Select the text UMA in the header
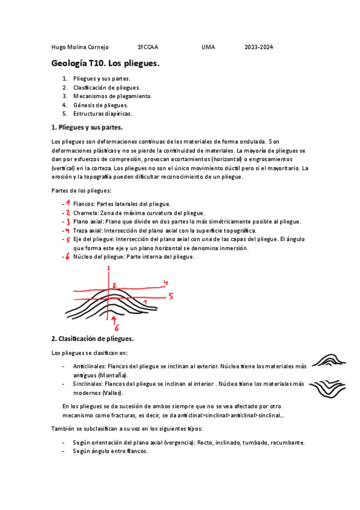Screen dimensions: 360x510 tap(208, 47)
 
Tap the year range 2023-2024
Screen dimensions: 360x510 tap(258, 47)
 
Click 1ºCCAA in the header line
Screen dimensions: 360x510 tap(147, 47)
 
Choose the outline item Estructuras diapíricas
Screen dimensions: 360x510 tap(102, 113)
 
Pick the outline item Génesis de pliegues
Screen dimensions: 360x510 tap(100, 105)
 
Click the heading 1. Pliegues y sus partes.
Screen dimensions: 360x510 tap(87, 127)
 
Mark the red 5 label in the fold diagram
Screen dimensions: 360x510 tap(171, 296)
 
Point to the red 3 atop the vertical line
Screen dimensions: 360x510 tap(109, 268)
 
